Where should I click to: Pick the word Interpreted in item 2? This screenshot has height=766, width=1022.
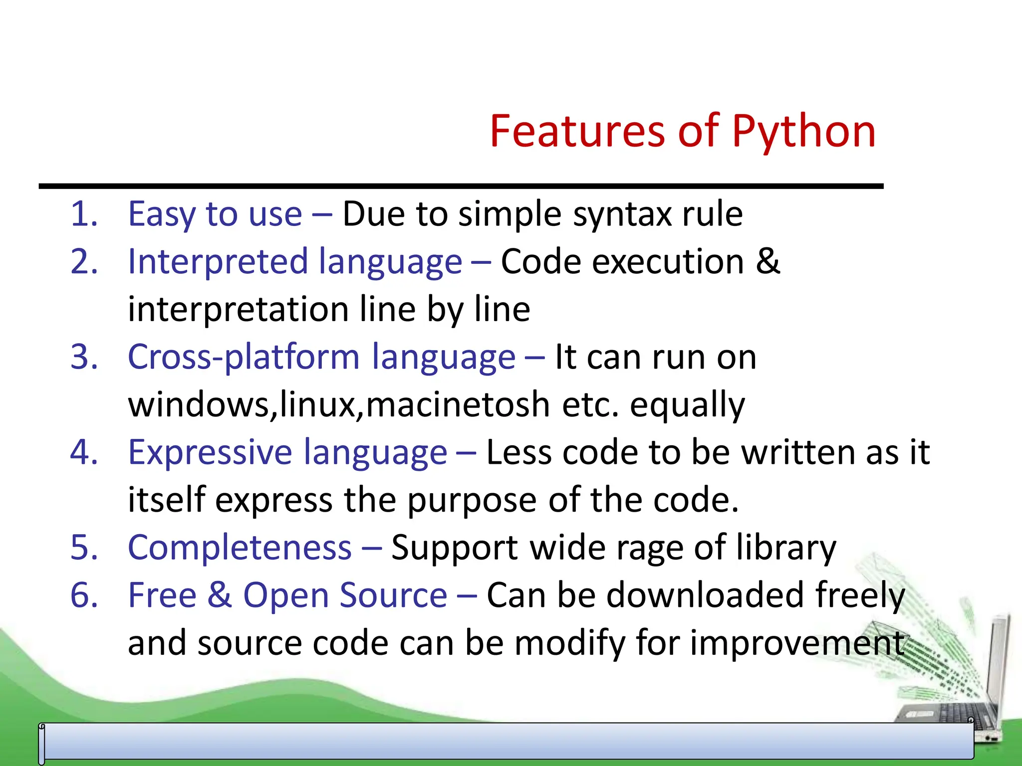(218, 262)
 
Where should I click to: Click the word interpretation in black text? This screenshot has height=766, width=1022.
(238, 310)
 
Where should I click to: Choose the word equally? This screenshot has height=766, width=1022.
(687, 405)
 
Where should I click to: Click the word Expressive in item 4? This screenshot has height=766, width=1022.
(210, 452)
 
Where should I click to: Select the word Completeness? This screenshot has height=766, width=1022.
(240, 548)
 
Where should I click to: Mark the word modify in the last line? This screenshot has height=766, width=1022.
(569, 643)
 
